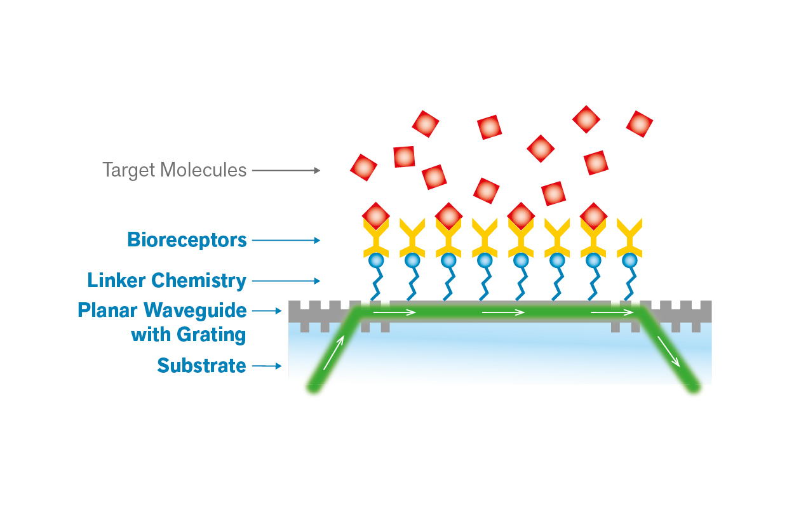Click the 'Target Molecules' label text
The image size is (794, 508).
tap(174, 170)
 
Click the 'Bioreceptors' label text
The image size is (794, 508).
tap(187, 240)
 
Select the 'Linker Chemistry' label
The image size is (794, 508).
tap(167, 280)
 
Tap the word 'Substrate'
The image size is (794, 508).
tap(201, 366)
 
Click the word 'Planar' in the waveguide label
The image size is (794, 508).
tap(109, 311)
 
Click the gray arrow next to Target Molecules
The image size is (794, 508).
tap(286, 170)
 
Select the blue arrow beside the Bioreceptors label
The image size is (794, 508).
tap(286, 240)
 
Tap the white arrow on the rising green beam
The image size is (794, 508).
tap(334, 353)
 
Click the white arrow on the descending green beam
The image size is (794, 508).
tap(668, 351)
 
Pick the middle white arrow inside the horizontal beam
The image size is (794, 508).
tap(503, 312)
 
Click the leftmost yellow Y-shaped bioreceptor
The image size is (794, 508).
tap(375, 237)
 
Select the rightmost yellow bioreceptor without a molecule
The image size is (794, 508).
tap(629, 236)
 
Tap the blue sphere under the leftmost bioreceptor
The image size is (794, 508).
tap(375, 260)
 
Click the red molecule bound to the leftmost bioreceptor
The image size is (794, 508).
tap(375, 216)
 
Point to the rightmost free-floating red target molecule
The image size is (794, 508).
tap(640, 124)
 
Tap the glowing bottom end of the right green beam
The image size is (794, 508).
tap(695, 387)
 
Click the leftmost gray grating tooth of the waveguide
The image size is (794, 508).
tap(304, 325)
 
